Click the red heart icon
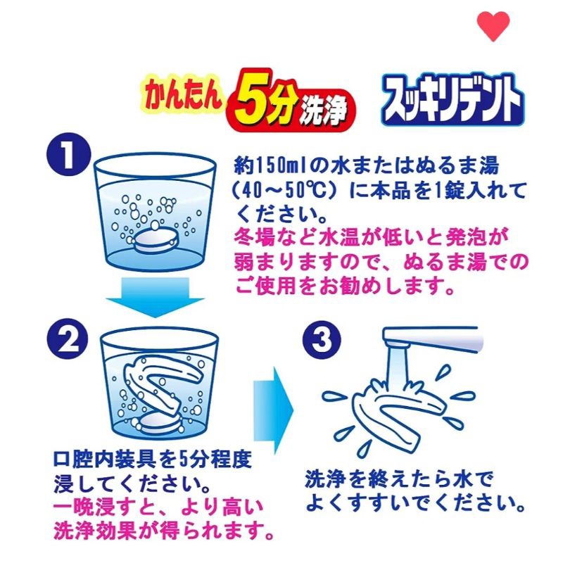point(493,25)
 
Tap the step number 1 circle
point(68,154)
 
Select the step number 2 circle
point(68,340)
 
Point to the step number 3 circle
point(322,340)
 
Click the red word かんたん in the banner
point(184,94)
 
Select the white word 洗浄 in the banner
point(324,108)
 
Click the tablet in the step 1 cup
point(155,240)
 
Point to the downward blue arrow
point(155,296)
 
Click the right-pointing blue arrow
point(274,410)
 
